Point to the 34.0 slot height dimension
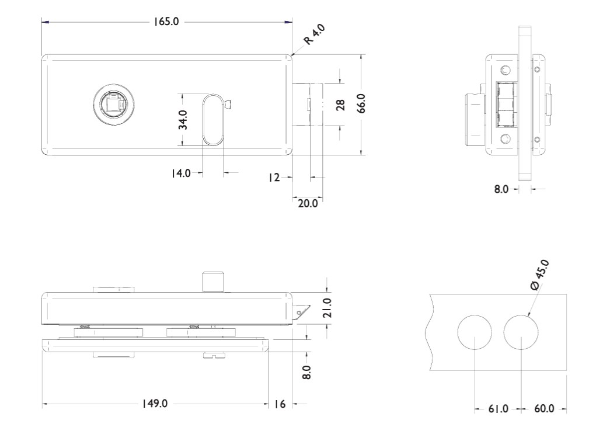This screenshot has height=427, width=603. coord(183,120)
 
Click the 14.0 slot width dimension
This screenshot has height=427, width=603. coord(180,173)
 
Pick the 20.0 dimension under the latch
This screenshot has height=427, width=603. coord(308,204)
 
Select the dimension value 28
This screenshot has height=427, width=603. coord(340,105)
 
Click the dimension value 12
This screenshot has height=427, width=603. coord(274,177)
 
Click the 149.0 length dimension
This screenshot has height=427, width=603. coord(155,404)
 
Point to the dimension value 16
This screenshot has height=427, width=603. coord(279,404)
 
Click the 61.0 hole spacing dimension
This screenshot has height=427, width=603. coord(497,409)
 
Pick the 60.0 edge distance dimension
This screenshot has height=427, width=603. coord(543,409)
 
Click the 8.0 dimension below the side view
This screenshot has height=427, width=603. coord(502,189)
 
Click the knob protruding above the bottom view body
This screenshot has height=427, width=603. coord(212,281)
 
